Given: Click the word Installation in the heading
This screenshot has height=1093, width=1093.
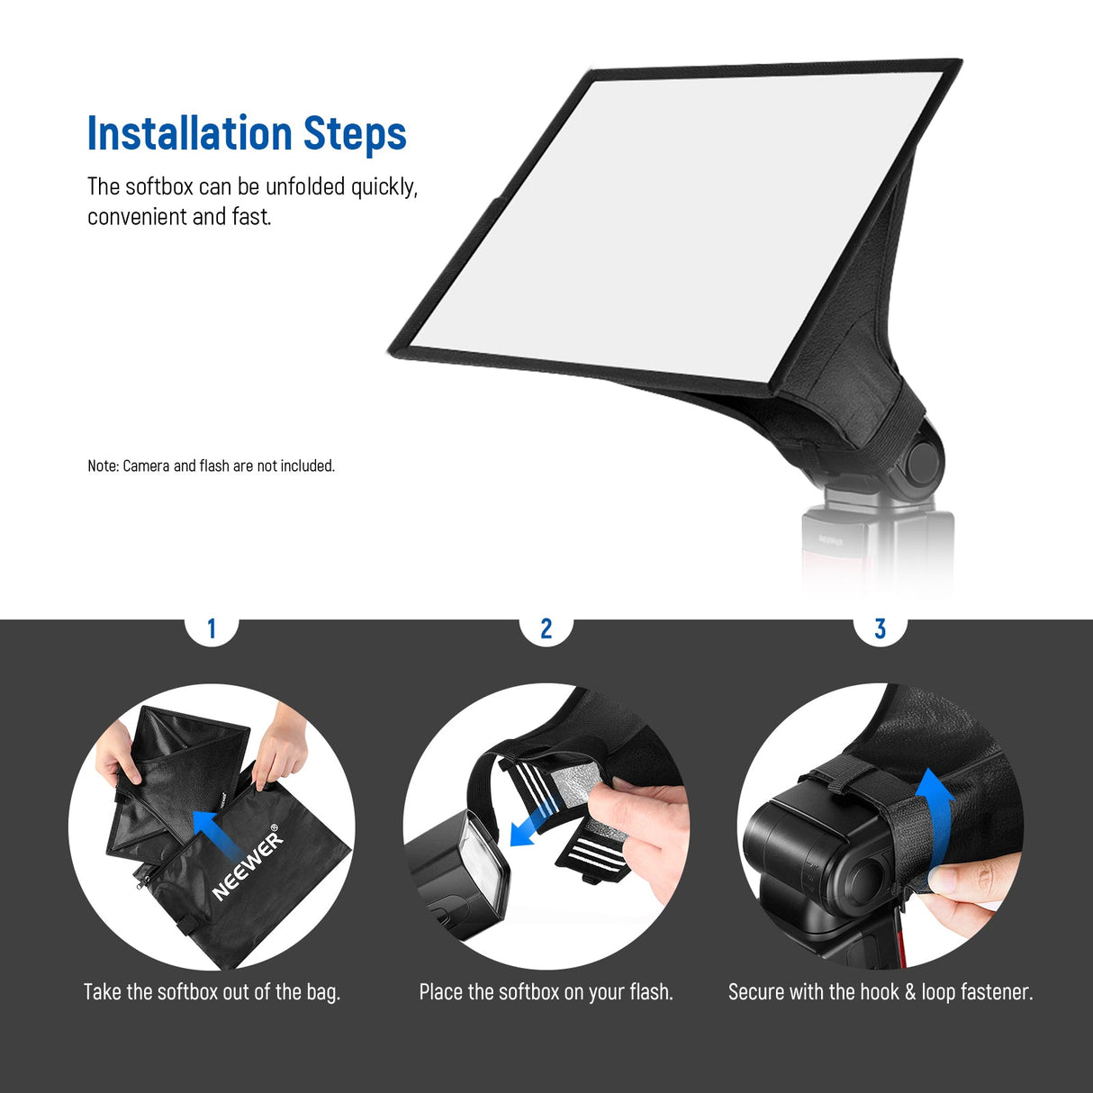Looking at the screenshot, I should pos(189,133).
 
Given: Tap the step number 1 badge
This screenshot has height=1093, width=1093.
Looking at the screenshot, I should pos(212,628).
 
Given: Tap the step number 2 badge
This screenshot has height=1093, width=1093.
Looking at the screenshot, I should pos(546,628).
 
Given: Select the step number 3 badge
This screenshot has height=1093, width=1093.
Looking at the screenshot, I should pos(881,628).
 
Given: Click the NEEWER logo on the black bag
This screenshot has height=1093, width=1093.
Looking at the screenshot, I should pos(247,864).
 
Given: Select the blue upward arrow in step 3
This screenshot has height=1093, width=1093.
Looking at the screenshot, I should pos(935,810).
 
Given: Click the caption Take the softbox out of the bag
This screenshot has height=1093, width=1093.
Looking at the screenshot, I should pos(212,992).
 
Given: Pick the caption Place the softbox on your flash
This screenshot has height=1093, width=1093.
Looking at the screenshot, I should pos(546,992).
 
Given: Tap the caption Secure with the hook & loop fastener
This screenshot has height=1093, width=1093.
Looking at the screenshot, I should pos(881,992).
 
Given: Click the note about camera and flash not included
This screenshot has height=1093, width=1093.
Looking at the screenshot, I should pos(211,465).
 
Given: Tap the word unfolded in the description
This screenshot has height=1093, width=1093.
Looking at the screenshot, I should pos(304,186).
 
